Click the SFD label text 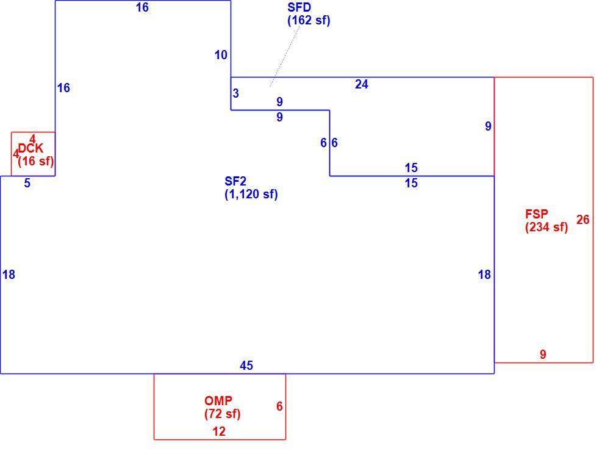[299, 7]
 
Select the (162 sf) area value [309, 20]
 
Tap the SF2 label [235, 181]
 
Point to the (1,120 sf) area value [251, 194]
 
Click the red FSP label [537, 214]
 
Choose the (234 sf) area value [546, 227]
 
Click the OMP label [218, 400]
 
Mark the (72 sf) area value [223, 414]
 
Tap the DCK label [30, 148]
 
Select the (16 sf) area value [36, 161]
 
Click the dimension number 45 [246, 366]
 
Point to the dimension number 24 [362, 84]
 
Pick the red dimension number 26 [582, 220]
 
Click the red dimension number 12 [219, 431]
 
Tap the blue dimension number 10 [221, 55]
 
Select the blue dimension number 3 [235, 93]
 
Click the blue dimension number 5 [27, 183]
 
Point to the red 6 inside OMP [279, 406]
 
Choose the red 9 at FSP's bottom [543, 355]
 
